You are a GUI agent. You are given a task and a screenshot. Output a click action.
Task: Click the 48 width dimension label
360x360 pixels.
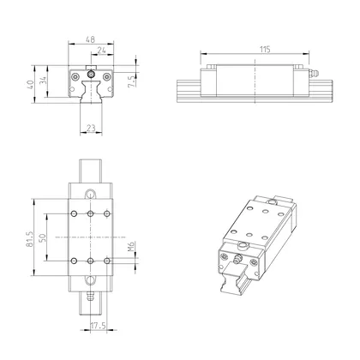90,39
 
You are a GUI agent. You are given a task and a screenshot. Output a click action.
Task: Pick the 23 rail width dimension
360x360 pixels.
91,129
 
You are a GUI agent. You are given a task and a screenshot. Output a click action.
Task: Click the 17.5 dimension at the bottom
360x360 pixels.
98,326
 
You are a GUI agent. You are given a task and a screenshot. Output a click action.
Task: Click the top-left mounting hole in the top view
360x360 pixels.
75,213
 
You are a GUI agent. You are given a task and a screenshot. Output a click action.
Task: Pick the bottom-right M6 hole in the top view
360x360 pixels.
106,260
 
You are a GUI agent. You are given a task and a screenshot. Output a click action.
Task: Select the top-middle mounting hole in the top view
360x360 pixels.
91,213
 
